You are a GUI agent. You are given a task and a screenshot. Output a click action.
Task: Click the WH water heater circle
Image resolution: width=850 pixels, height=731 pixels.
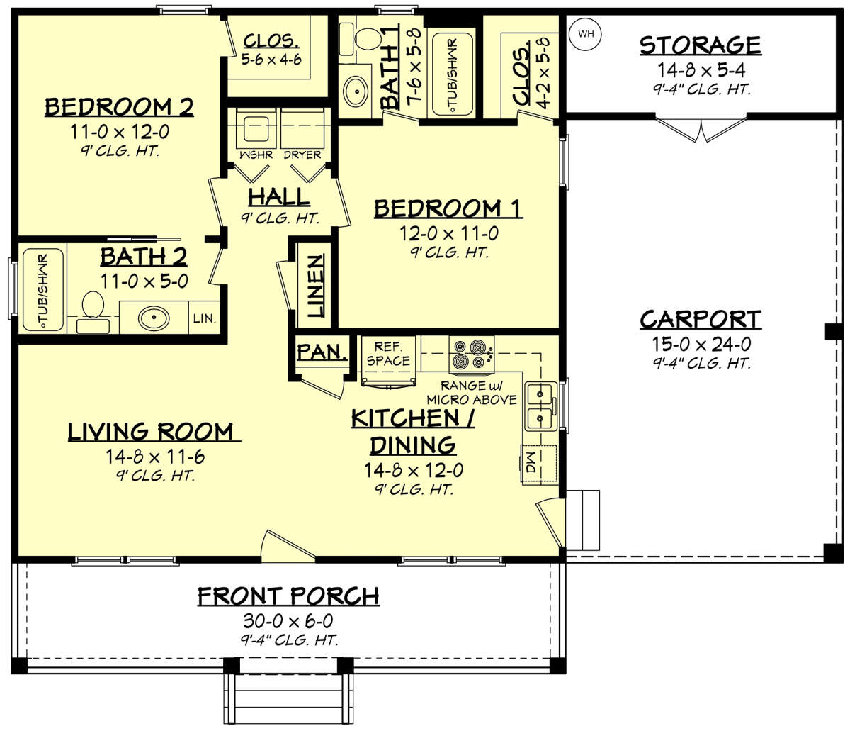pyautogui.click(x=586, y=34)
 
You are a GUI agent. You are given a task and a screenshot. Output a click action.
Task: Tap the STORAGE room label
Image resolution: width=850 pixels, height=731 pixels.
pyautogui.click(x=700, y=45)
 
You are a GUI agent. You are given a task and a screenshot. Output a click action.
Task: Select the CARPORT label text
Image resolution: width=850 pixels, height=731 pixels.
pyautogui.click(x=700, y=320)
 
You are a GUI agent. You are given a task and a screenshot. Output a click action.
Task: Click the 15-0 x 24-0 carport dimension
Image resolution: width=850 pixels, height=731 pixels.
pyautogui.click(x=700, y=345)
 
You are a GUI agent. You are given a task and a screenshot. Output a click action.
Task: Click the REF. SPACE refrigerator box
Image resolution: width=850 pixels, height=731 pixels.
pyautogui.click(x=387, y=355)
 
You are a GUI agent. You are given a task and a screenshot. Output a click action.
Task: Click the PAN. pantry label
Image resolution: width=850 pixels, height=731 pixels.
pyautogui.click(x=322, y=352)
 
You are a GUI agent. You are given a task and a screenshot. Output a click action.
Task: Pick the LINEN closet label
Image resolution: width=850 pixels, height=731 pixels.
pyautogui.click(x=315, y=285)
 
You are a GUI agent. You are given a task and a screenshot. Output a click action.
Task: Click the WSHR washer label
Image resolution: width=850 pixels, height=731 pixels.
pyautogui.click(x=256, y=155)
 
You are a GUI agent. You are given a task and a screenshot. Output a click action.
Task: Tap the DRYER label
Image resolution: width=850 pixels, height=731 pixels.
pyautogui.click(x=302, y=155)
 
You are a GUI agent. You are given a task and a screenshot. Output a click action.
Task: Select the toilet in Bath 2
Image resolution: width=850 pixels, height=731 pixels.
pyautogui.click(x=93, y=311)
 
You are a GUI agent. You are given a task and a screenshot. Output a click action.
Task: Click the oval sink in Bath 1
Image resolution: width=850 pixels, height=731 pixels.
pyautogui.click(x=355, y=90)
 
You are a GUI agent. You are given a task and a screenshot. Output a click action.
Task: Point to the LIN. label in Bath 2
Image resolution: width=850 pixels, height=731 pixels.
pyautogui.click(x=204, y=319)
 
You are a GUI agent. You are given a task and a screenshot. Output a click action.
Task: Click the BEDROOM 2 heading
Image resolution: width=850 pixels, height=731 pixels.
pyautogui.click(x=119, y=107)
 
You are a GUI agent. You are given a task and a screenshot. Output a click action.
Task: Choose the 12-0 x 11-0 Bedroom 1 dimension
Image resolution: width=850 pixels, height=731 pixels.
pyautogui.click(x=448, y=233)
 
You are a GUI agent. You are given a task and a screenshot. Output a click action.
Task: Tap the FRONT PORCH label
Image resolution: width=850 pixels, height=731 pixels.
pyautogui.click(x=288, y=596)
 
